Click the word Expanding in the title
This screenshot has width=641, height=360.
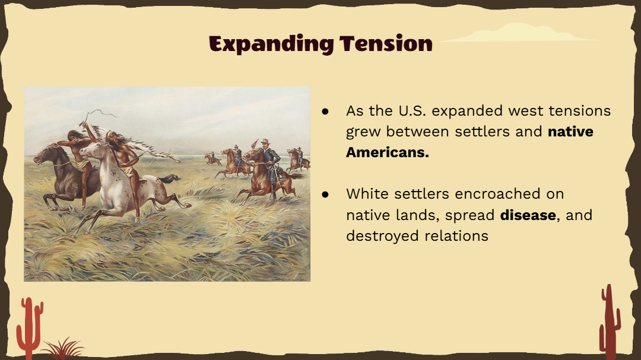pos(271,44)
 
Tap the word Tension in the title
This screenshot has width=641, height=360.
pos(386,43)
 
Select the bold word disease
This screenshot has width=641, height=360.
pos(528,215)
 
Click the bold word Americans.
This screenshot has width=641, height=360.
pos(387,152)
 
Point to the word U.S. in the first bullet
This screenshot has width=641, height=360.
pos(410,111)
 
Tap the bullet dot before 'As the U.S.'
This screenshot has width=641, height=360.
pos(325,111)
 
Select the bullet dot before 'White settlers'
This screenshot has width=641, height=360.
pos(325,194)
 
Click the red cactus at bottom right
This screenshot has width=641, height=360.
pos(610,322)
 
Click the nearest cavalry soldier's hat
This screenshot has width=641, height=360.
pos(265,141)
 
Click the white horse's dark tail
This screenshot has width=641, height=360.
pos(169,179)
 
